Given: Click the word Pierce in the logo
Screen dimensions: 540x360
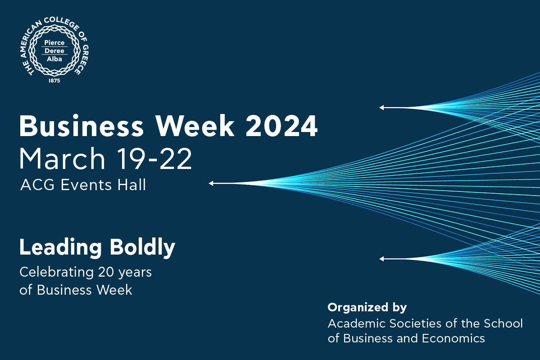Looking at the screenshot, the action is point(54,43).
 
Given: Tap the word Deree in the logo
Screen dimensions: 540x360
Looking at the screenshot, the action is point(54,51).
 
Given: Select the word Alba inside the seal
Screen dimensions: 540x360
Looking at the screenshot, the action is point(54,59).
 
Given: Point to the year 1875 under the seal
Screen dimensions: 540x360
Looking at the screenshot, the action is point(54,81).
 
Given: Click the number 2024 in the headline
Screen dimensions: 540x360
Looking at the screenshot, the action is point(281,126).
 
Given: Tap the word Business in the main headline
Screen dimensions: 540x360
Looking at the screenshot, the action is point(81,126).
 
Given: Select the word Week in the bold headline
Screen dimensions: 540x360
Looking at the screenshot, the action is point(195,126).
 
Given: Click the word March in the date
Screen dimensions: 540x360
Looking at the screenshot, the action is point(62,159).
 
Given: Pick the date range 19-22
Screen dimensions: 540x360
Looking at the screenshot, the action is point(154,159).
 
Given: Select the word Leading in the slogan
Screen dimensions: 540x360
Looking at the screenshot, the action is point(61,248).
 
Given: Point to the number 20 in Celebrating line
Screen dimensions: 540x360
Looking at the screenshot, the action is point(106,272).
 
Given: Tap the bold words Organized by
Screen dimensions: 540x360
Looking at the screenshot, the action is point(367,308).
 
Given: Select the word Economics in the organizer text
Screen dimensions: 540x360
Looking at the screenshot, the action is point(454,338).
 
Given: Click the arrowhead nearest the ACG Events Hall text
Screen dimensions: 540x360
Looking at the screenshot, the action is point(211,183).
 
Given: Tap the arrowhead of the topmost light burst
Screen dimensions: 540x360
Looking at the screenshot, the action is point(381,108).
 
